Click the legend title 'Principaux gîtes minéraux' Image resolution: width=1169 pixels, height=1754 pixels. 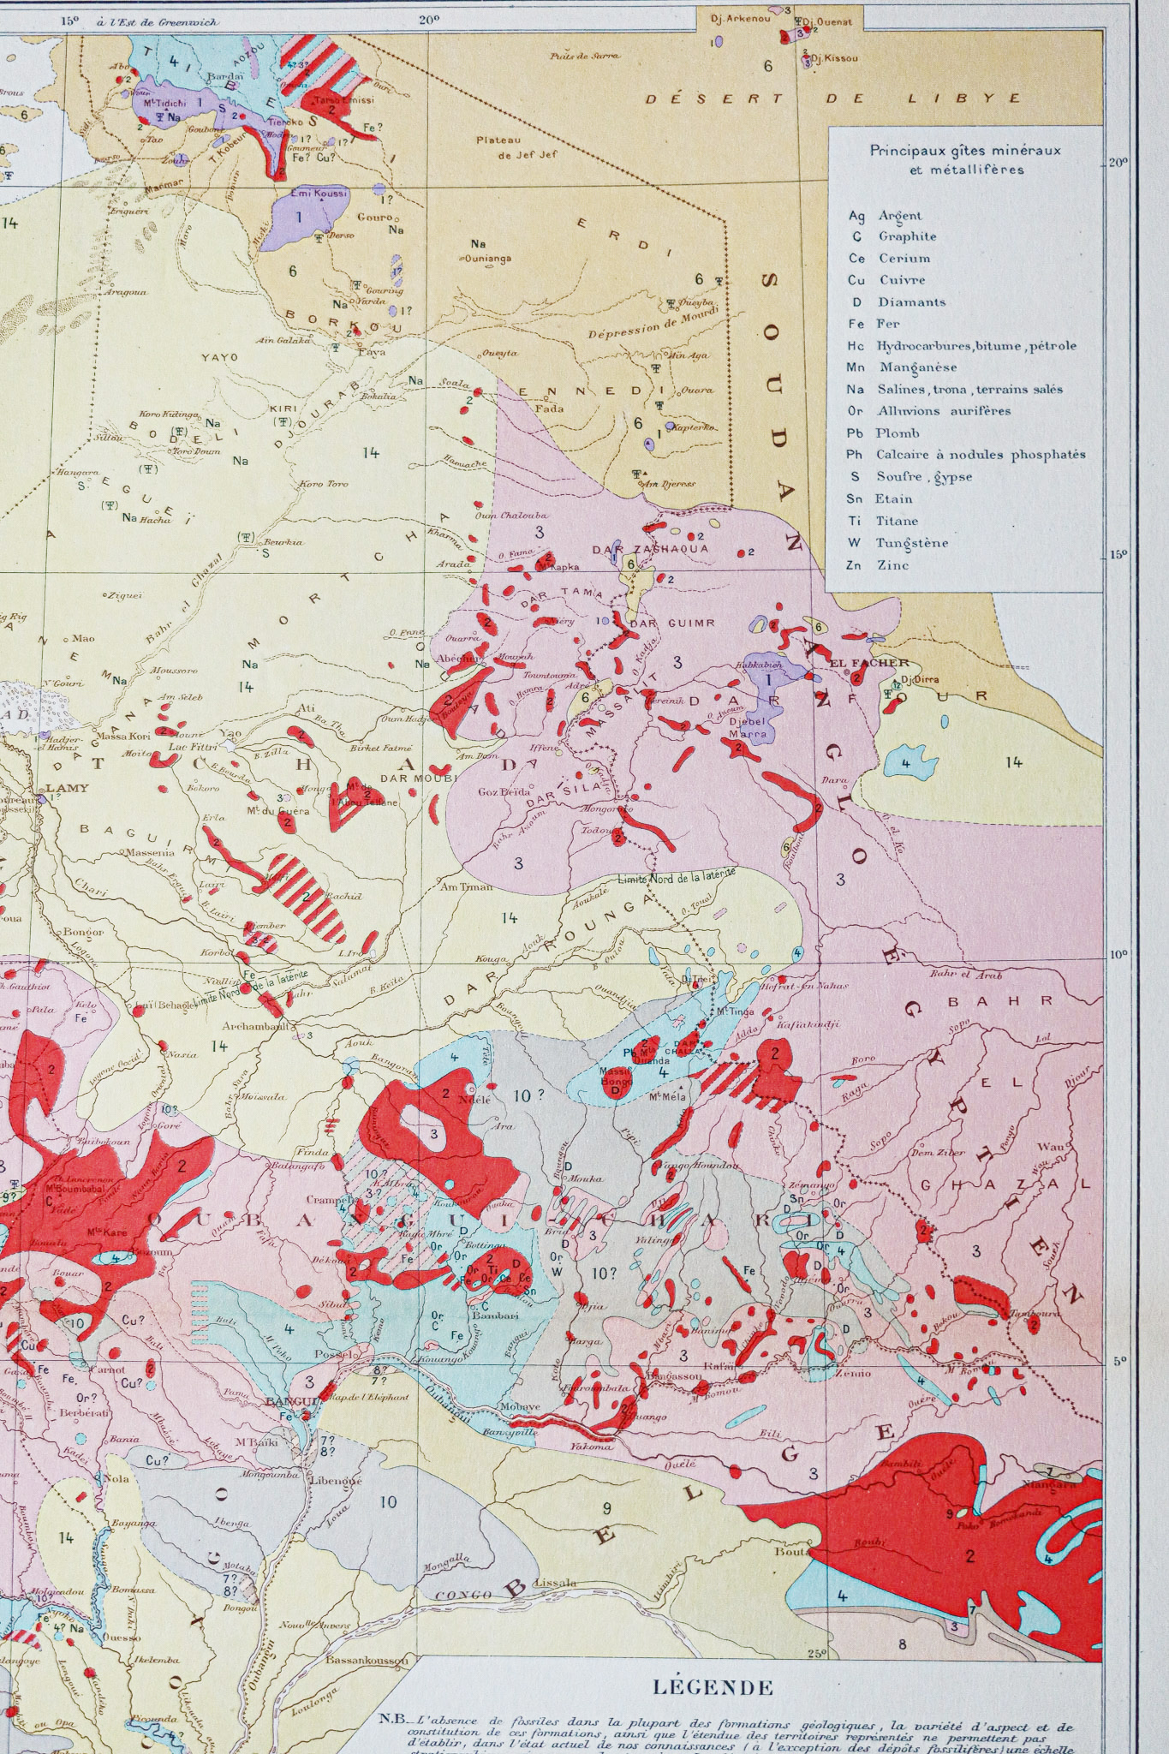pyautogui.click(x=965, y=151)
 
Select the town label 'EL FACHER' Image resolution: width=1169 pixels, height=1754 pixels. pyautogui.click(x=856, y=662)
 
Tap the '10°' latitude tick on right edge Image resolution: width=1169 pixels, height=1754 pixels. pyautogui.click(x=1120, y=956)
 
